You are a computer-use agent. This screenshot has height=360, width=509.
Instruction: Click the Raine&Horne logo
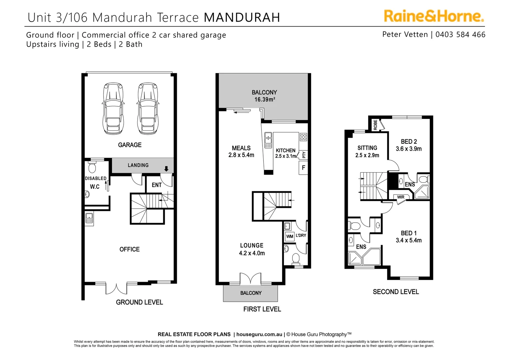pyautogui.click(x=434, y=16)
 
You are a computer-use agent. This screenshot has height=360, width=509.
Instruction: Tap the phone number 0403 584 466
pyautogui.click(x=460, y=35)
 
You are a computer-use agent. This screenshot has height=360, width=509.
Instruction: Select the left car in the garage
pyautogui.click(x=113, y=108)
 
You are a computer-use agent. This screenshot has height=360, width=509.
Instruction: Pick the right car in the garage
pyautogui.click(x=147, y=108)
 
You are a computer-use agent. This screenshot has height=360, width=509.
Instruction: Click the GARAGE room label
pyautogui.click(x=130, y=145)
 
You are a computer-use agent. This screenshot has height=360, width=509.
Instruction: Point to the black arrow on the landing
pyautogui.click(x=167, y=169)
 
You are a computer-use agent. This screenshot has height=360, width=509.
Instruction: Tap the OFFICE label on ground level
pyautogui.click(x=130, y=249)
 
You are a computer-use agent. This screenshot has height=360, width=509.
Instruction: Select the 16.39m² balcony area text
pyautogui.click(x=264, y=100)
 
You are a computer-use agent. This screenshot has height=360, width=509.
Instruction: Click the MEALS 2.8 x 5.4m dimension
pyautogui.click(x=241, y=155)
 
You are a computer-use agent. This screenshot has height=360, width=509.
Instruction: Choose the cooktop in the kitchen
pyautogui.click(x=303, y=137)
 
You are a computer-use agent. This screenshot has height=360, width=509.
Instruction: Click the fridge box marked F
pyautogui.click(x=303, y=168)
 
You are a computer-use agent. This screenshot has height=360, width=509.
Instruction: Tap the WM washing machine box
pyautogui.click(x=289, y=237)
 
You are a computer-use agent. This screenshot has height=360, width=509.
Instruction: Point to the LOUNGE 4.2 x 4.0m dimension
pyautogui.click(x=252, y=253)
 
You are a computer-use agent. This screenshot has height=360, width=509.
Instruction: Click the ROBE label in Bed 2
pyautogui.click(x=375, y=125)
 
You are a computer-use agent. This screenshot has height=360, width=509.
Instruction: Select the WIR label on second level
pyautogui.click(x=401, y=197)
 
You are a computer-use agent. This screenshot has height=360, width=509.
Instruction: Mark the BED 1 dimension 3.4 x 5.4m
pyautogui.click(x=409, y=240)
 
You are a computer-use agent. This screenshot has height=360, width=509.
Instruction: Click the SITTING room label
pyautogui.click(x=367, y=148)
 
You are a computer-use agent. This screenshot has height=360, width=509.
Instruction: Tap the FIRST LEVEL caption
pyautogui.click(x=262, y=309)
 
